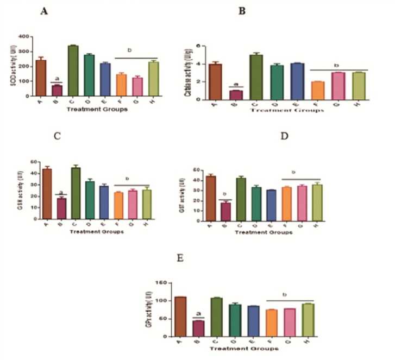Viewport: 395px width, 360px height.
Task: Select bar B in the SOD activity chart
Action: click(x=57, y=90)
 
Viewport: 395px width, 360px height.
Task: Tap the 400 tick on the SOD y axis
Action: click(x=27, y=37)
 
